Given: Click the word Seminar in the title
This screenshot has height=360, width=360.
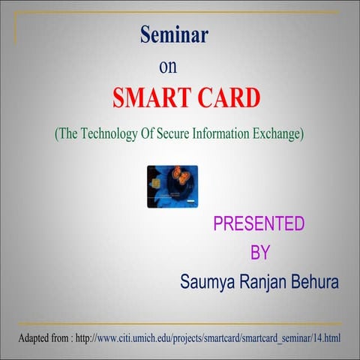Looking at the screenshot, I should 174,34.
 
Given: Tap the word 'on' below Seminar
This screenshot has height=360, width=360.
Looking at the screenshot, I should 168,66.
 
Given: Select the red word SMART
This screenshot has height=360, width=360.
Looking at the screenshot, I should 153,97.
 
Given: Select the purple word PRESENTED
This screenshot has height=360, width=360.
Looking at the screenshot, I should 259,223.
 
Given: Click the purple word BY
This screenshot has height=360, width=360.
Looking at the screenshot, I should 259,253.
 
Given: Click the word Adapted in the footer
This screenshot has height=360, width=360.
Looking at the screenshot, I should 37,338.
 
